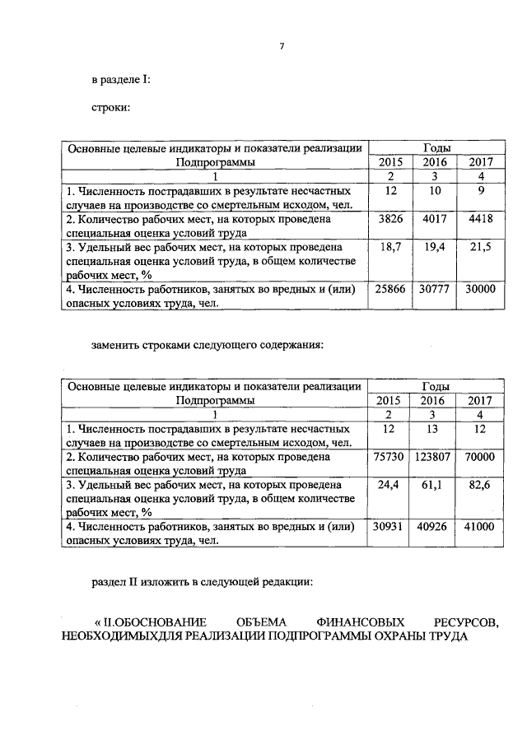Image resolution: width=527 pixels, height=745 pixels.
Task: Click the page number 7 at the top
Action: (x=281, y=46)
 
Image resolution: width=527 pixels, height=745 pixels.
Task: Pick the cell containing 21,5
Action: (x=479, y=247)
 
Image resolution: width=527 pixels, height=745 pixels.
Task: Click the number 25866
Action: (x=388, y=290)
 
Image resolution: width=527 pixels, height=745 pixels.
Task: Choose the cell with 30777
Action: (x=433, y=290)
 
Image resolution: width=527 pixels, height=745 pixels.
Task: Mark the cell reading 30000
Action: (x=479, y=290)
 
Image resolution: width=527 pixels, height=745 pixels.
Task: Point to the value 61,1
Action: (x=433, y=485)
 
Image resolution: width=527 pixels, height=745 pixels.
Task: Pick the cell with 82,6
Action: (x=479, y=485)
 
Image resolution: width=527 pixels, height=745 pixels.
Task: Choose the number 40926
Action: (x=433, y=528)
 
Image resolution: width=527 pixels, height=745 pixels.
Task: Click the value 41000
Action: (x=479, y=528)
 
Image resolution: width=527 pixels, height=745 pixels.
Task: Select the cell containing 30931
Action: (x=388, y=528)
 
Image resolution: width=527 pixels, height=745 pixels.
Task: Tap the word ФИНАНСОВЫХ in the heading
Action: (x=348, y=622)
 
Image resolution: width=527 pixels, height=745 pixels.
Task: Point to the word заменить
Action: (x=115, y=344)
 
